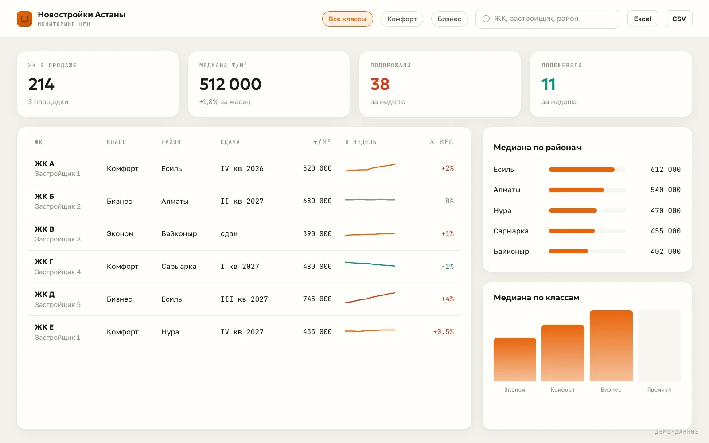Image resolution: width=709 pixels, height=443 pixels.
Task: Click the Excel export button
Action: (643, 19)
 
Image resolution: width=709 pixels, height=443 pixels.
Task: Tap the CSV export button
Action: (679, 19)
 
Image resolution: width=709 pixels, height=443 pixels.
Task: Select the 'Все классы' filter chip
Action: (347, 19)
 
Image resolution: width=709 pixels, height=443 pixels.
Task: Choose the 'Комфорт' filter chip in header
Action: (401, 19)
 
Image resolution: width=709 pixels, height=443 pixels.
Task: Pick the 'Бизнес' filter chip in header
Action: (449, 19)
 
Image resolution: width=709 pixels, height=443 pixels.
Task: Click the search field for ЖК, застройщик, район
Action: (547, 19)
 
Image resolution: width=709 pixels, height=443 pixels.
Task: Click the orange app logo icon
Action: (25, 19)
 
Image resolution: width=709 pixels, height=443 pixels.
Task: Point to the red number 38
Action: (380, 84)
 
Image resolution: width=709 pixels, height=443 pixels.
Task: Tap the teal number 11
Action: (549, 84)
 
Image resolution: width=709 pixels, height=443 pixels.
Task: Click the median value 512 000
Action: (230, 84)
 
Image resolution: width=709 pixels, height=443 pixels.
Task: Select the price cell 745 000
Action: (317, 299)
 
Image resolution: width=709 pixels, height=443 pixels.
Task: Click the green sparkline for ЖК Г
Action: (370, 264)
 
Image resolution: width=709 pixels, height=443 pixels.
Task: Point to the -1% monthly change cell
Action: (448, 266)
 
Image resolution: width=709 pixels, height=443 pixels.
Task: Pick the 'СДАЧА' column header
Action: (230, 142)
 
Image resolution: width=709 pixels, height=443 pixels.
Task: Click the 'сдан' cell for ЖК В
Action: (229, 234)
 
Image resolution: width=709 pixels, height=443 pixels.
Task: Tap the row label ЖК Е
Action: (44, 327)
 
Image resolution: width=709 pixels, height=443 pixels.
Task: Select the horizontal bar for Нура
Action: (573, 210)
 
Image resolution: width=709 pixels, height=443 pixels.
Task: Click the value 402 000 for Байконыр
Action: (665, 251)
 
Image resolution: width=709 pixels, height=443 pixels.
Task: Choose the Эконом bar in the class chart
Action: (514, 360)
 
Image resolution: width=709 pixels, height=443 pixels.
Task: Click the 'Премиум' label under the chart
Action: (659, 389)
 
